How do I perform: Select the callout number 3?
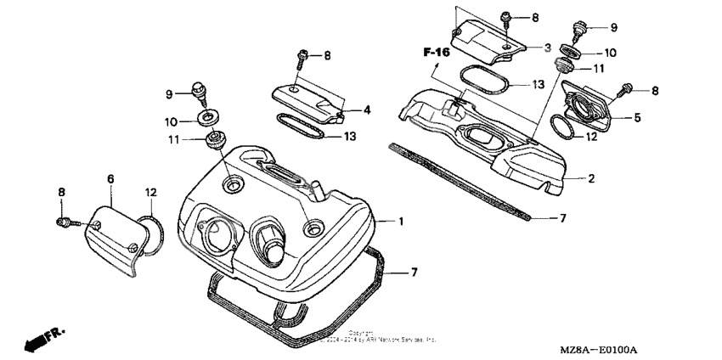pos(547,47)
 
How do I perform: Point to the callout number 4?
pos(368,110)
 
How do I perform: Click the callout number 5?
pos(637,118)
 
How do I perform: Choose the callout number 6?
pos(110,179)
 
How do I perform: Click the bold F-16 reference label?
pos(437,53)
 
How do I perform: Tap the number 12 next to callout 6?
pos(149,193)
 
